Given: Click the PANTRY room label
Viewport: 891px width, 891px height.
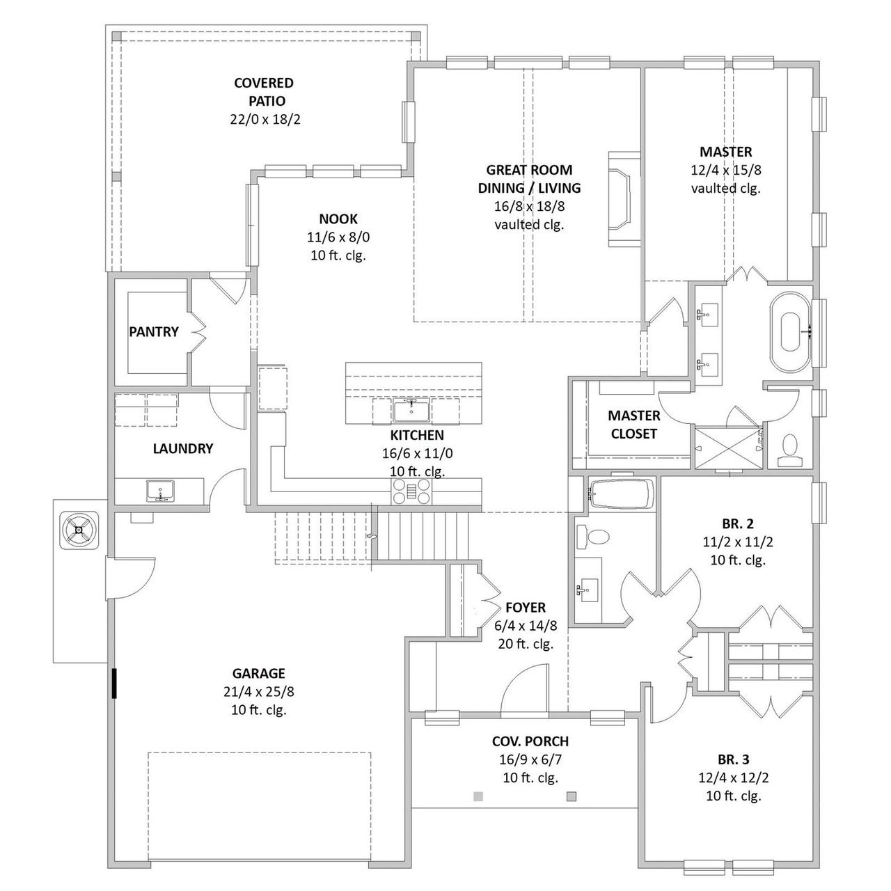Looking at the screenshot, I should coord(154,332).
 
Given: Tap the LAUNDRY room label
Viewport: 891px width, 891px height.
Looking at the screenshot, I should coord(182,449).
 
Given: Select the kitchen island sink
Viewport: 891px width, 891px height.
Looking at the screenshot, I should coord(411,411).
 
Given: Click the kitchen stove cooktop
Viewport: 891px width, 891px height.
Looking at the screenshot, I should coord(411,492).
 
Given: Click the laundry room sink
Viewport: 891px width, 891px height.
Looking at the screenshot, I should coord(161,491).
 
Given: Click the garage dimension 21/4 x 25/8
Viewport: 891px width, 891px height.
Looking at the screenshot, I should coord(258,692).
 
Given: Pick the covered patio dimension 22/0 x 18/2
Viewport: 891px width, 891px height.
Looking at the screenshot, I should coord(265,119).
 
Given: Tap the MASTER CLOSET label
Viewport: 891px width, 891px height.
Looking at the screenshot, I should coord(633,425).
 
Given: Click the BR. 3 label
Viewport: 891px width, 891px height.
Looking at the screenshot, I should coord(733,759).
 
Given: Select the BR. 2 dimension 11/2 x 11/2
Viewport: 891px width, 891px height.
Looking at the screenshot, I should coord(738,542).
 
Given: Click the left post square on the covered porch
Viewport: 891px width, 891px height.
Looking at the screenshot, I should coord(478,796).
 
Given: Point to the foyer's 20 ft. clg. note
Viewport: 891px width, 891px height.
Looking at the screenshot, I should coord(525,644).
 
